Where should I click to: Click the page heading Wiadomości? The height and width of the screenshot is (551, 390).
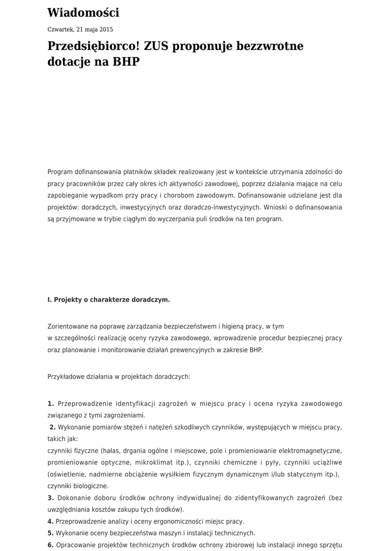point(83,13)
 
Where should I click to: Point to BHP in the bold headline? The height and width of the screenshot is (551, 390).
point(125,62)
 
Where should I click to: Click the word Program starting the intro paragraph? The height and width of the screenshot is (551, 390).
point(60,172)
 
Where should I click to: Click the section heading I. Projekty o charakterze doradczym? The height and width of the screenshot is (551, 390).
point(109,300)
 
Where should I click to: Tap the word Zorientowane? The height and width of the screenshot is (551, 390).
point(69,326)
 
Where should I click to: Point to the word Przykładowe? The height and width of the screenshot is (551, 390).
point(69,377)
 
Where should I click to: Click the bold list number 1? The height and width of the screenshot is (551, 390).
point(51,404)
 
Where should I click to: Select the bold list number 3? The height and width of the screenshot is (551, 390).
point(51,498)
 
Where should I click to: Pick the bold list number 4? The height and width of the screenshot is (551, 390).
point(51,521)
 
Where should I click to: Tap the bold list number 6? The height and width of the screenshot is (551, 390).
point(51,545)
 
